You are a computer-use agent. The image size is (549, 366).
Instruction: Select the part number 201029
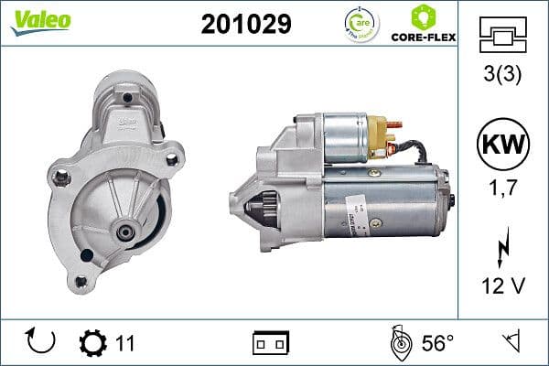click(245, 25)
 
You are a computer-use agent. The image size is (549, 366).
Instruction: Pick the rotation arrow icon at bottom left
click(41, 342)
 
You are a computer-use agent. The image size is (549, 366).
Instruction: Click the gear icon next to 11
click(92, 343)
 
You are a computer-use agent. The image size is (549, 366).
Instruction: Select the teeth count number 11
click(125, 343)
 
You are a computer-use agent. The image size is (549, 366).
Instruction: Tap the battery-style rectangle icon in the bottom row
click(271, 343)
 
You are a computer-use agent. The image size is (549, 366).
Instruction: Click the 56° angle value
click(437, 343)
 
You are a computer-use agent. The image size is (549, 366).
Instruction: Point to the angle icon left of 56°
click(399, 342)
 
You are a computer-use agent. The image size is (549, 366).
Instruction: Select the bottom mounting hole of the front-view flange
click(81, 281)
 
